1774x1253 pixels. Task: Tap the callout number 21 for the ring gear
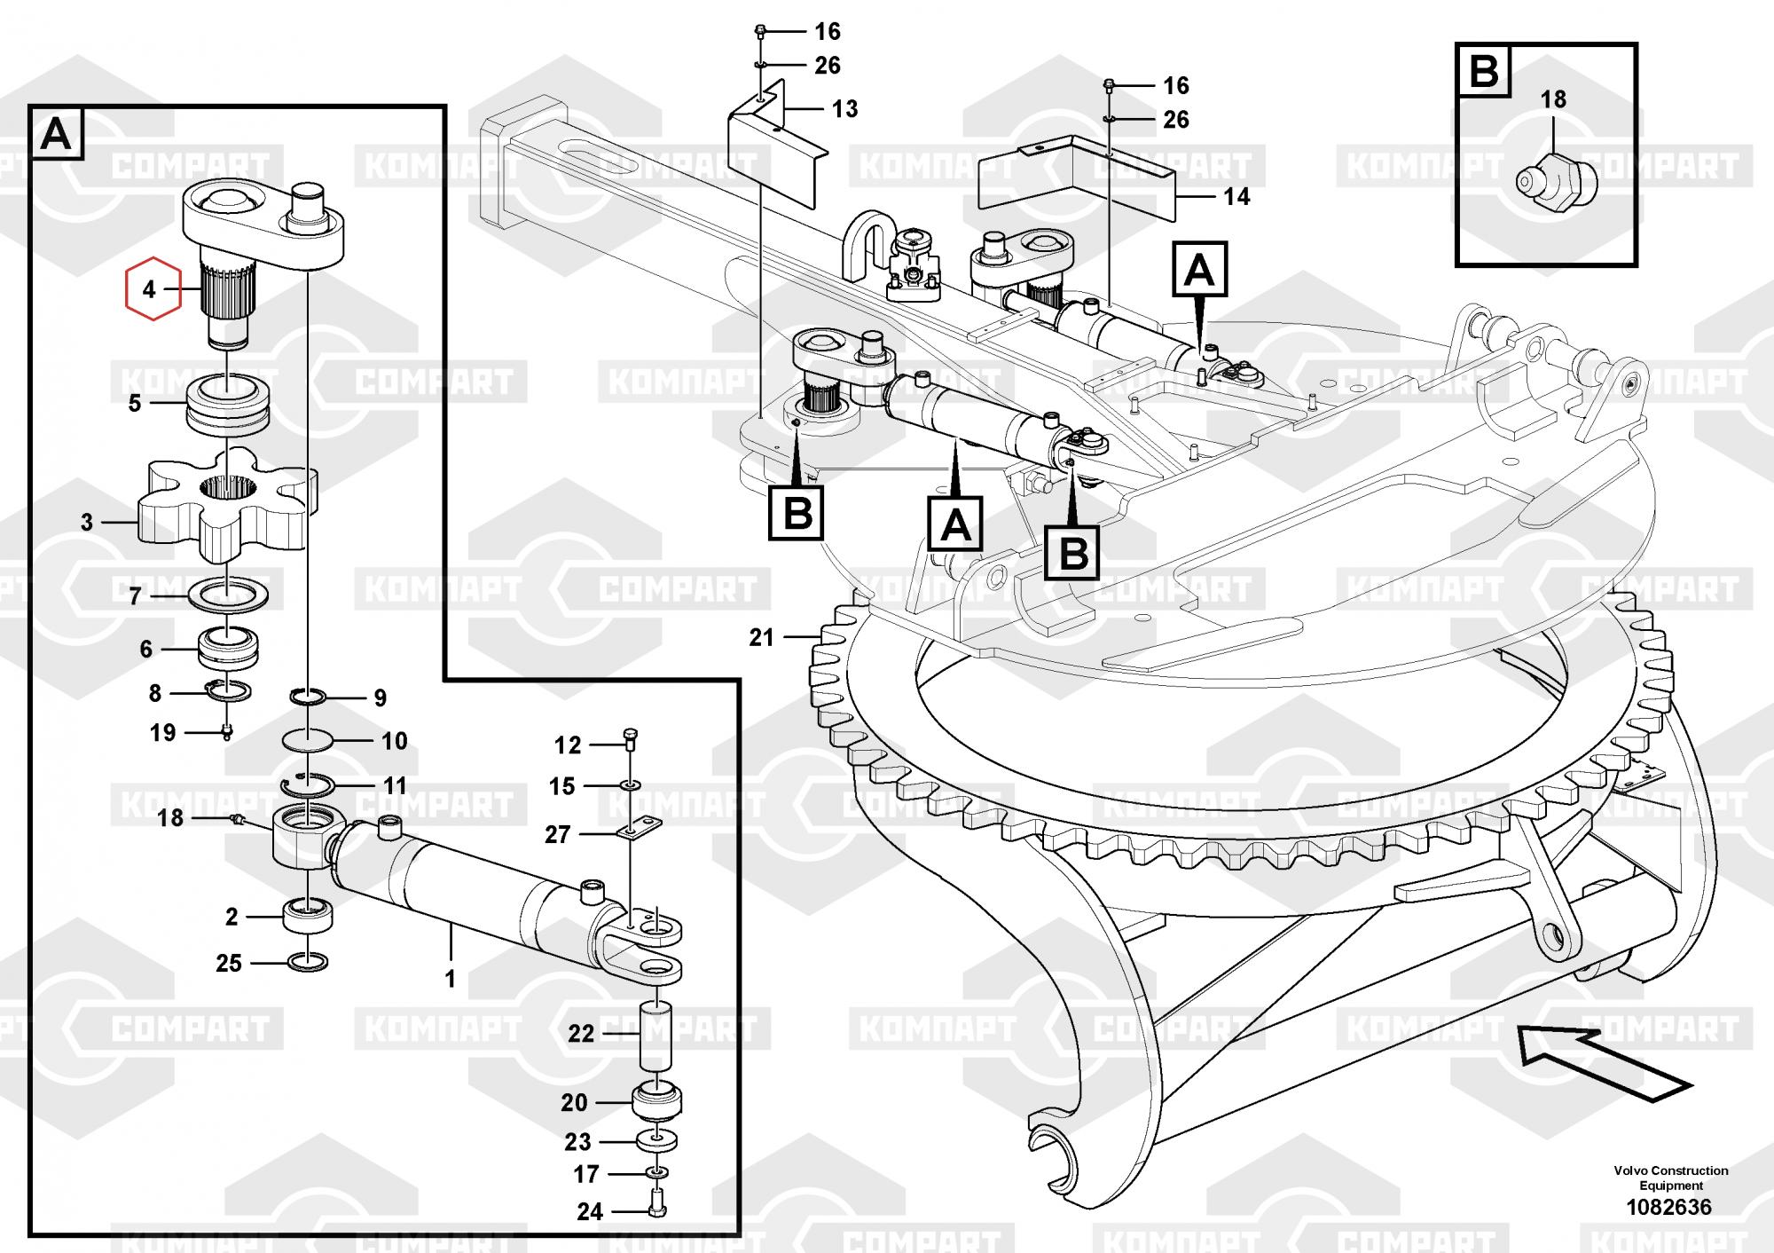tap(762, 637)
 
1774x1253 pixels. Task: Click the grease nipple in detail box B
tap(1555, 181)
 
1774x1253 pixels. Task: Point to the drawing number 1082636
tap(1668, 1207)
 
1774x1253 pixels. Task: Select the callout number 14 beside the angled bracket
tap(1236, 196)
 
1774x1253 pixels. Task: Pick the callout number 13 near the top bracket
tap(844, 109)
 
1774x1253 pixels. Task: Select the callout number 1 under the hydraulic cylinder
tap(450, 979)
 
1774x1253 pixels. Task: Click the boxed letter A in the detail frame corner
tap(56, 135)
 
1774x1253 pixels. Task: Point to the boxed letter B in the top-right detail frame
tap(1484, 69)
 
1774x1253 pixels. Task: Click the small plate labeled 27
tap(639, 831)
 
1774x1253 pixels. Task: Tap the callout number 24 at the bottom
tap(589, 1211)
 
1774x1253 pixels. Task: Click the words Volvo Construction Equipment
tap(1670, 1178)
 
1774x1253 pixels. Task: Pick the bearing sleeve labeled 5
tap(227, 403)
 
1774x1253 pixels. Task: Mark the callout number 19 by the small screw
tap(162, 733)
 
